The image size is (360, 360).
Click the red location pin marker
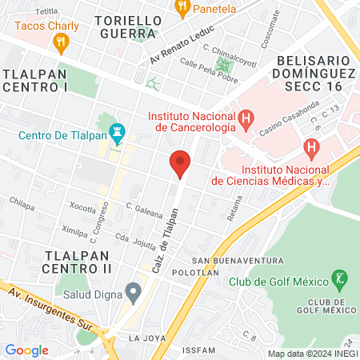180,164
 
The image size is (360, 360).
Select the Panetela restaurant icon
182,9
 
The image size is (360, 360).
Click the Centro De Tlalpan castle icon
118,130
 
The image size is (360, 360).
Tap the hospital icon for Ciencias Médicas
312,147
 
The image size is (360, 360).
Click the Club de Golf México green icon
341,280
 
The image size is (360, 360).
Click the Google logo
26,350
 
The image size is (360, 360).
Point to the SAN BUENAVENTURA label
238,261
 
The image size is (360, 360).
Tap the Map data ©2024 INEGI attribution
312,353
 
